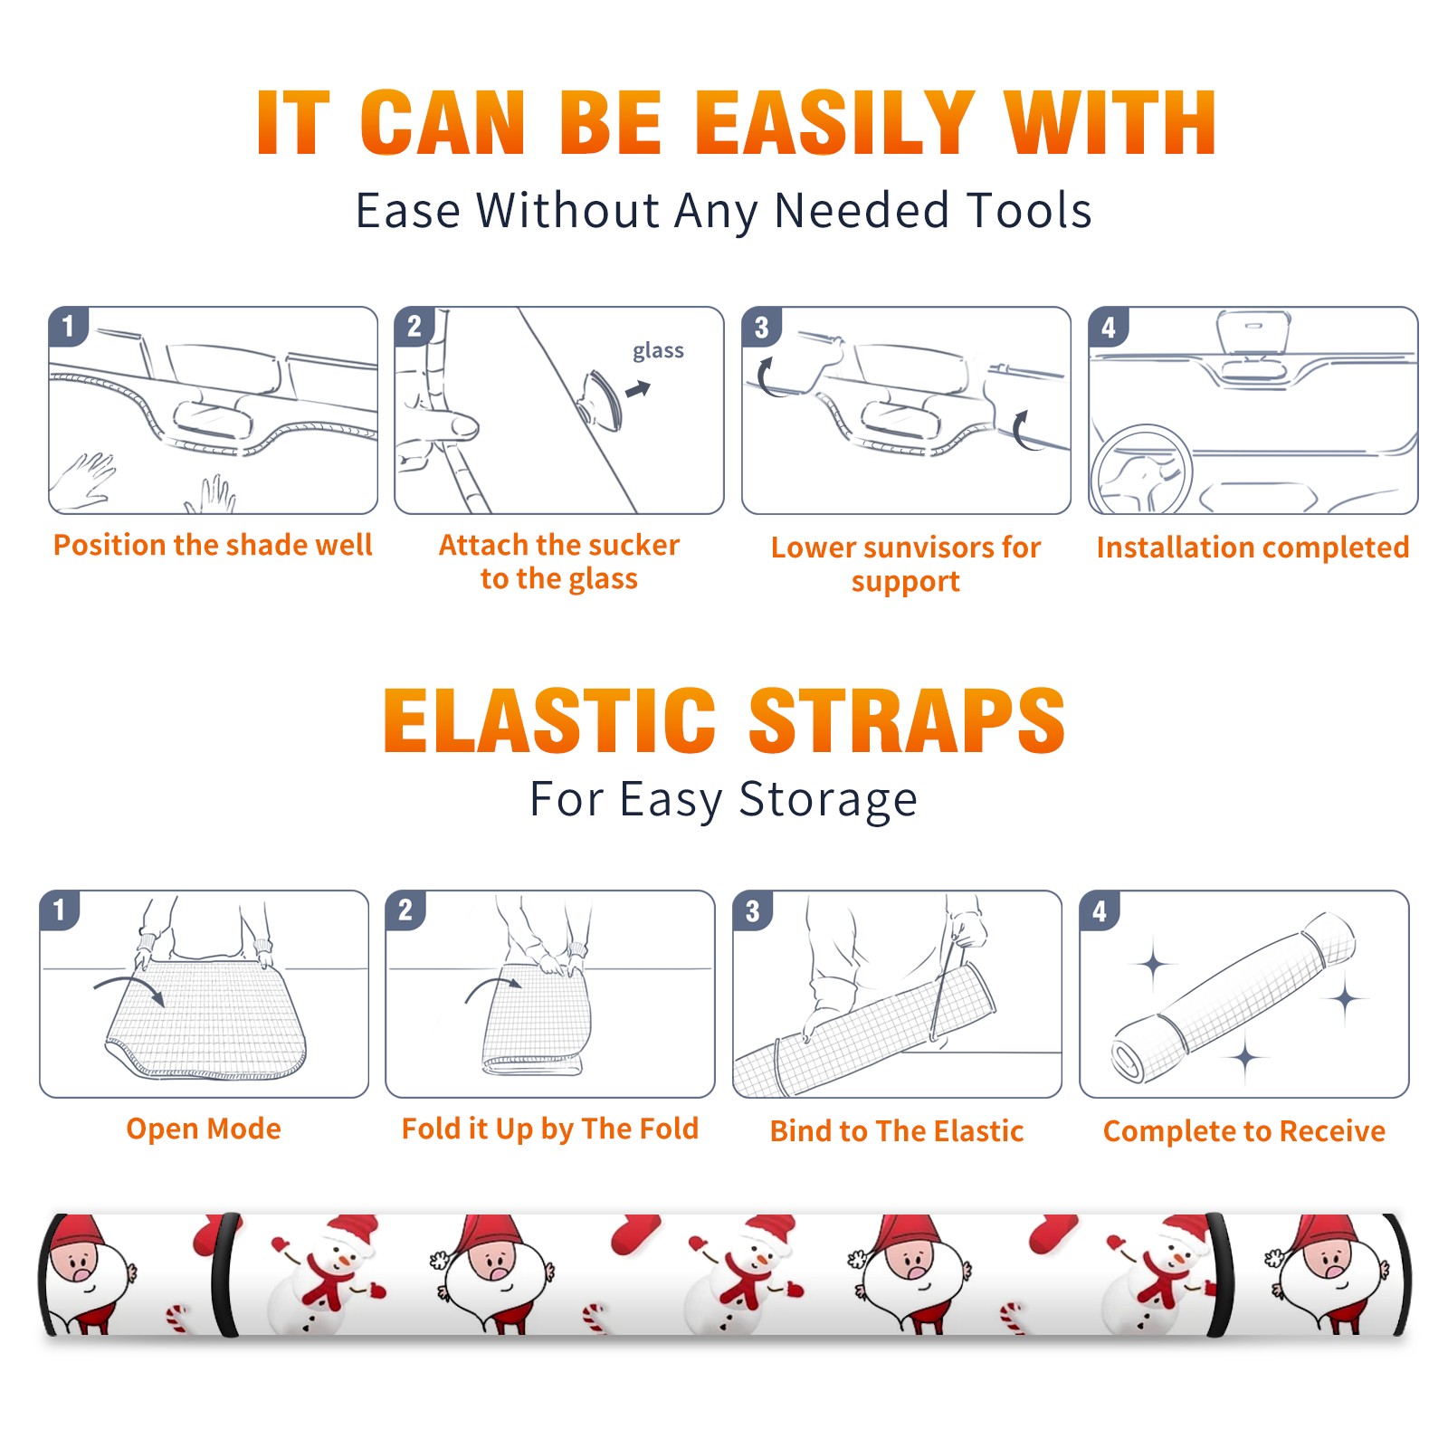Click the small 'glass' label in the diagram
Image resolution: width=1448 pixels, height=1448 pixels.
[x=658, y=351]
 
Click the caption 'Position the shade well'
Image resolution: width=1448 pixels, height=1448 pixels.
[x=213, y=545]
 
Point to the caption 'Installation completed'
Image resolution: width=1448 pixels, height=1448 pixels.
[x=1253, y=547]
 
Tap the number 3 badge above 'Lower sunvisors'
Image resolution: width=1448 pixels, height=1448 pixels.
[x=760, y=327]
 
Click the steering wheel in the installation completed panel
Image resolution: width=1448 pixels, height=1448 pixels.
[x=1141, y=471]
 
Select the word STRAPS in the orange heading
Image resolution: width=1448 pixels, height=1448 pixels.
[x=907, y=720]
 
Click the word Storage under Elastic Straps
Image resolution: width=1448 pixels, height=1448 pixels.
[x=828, y=800]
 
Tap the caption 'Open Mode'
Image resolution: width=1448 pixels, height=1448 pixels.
[x=204, y=1129]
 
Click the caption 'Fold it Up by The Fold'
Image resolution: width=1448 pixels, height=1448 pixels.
[x=550, y=1129]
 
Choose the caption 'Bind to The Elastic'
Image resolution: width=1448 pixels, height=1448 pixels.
[x=897, y=1131]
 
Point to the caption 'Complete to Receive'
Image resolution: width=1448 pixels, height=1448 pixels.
[x=1244, y=1131]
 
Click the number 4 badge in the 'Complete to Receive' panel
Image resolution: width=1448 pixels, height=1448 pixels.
[x=1100, y=910]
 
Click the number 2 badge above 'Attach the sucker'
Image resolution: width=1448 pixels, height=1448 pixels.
[x=414, y=327]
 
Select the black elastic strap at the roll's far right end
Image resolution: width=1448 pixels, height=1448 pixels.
[x=1401, y=1274]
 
